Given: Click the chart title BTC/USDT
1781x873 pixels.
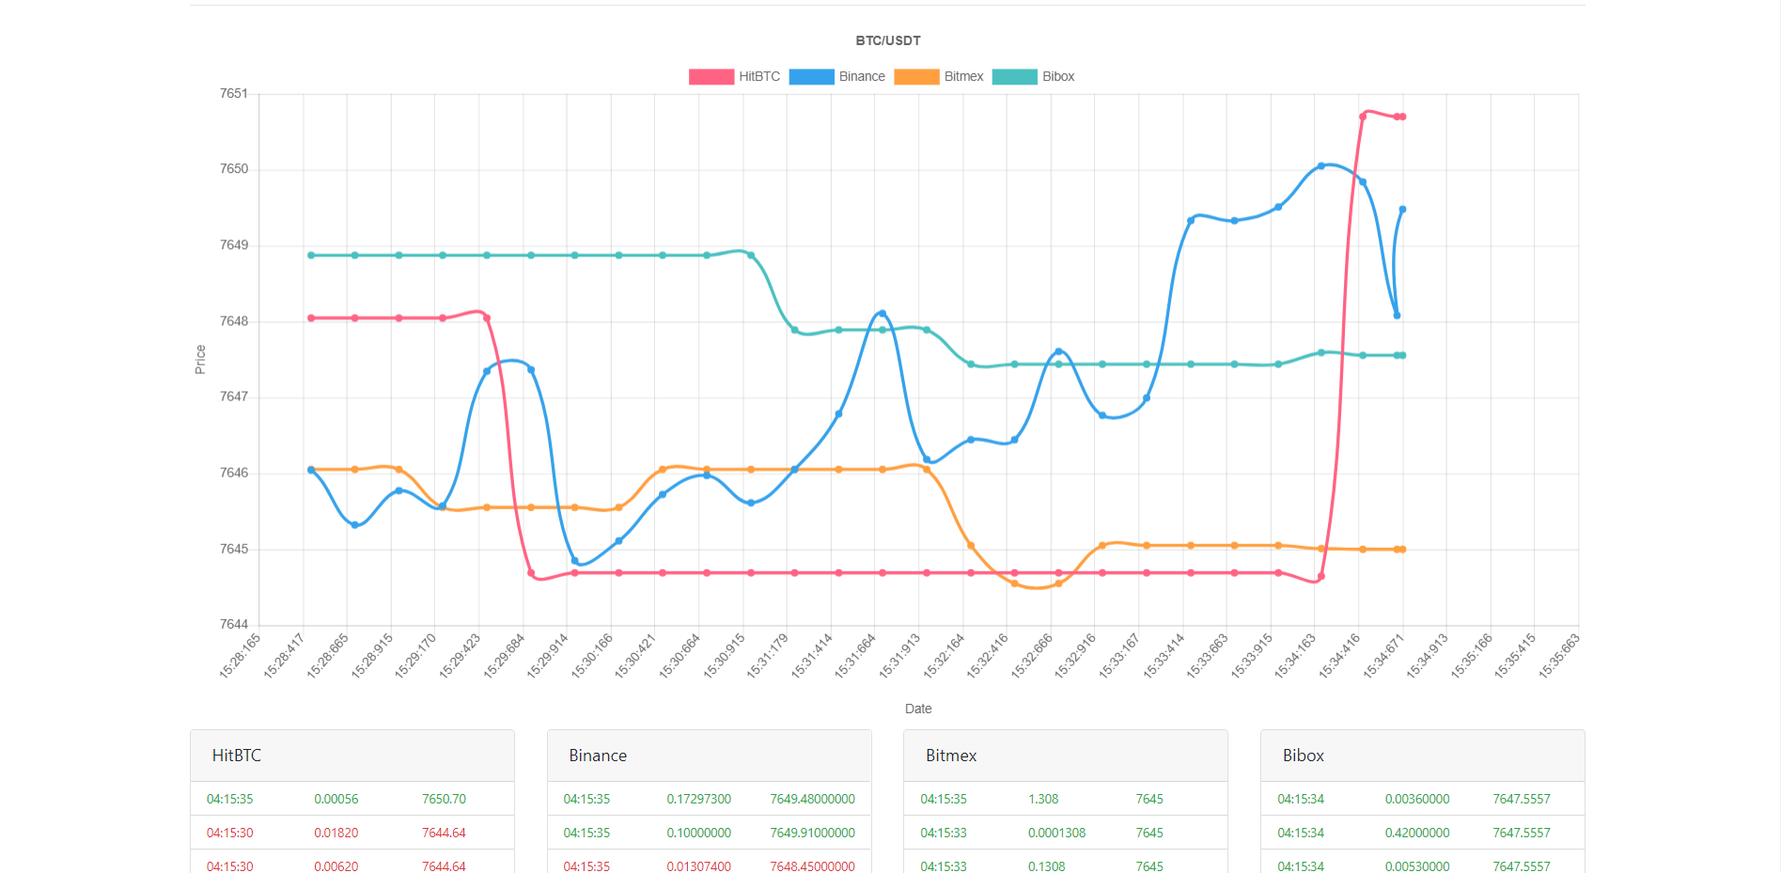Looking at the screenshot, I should pos(887,40).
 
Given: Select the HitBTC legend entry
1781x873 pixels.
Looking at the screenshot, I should pos(734,77).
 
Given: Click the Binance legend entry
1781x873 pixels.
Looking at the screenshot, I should pos(836,77).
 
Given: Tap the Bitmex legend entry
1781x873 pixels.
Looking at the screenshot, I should pos(939,77).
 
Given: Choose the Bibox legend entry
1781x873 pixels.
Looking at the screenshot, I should pos(1033,77).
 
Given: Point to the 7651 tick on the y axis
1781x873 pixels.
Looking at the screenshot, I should pos(234,94).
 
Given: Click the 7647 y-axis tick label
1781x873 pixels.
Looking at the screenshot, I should pos(234,397).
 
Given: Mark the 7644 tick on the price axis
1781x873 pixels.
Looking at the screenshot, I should pos(234,624).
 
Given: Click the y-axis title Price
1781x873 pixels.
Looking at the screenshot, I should pos(200,359).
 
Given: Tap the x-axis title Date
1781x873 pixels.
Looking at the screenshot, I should pos(918,709).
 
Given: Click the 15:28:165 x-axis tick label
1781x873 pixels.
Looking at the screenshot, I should pos(241,655).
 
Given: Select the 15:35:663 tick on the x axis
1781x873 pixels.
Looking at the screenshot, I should pos(1560,655).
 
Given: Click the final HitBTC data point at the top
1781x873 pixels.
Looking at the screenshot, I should pos(1402,117).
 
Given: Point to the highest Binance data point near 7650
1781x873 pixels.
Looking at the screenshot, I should pos(1321,165).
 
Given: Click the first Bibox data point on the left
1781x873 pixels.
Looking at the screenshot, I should pos(311,256).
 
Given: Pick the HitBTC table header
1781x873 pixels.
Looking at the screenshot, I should pos(237,756).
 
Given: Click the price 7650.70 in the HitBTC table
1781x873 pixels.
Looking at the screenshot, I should pos(444,799).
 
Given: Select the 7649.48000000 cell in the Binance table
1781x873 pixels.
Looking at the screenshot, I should pos(812,799).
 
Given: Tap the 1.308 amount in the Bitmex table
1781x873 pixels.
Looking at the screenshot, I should pos(1043,799).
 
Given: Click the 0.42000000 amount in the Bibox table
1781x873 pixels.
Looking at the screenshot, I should pos(1416,833).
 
